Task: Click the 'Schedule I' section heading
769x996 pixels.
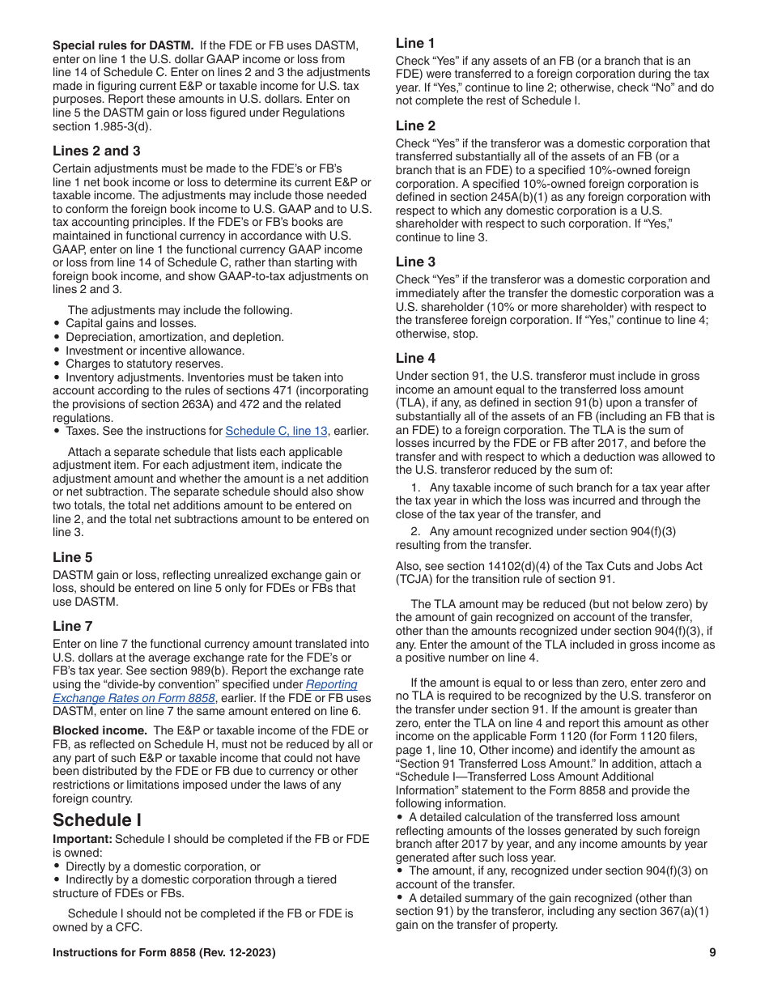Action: tap(97, 820)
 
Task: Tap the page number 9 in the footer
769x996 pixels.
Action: tap(712, 953)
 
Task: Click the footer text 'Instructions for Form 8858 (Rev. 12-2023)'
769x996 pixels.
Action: tap(164, 953)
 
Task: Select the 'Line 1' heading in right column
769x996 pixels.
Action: tap(415, 43)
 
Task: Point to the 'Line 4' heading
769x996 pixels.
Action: tap(415, 358)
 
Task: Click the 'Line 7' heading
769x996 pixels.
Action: tap(73, 626)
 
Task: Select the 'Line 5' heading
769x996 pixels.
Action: tap(73, 557)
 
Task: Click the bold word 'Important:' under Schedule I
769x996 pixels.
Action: tap(82, 839)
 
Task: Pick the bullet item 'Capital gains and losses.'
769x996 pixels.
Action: tap(131, 323)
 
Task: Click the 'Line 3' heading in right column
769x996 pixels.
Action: tap(415, 262)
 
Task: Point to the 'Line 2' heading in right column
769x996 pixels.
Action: tap(415, 126)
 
